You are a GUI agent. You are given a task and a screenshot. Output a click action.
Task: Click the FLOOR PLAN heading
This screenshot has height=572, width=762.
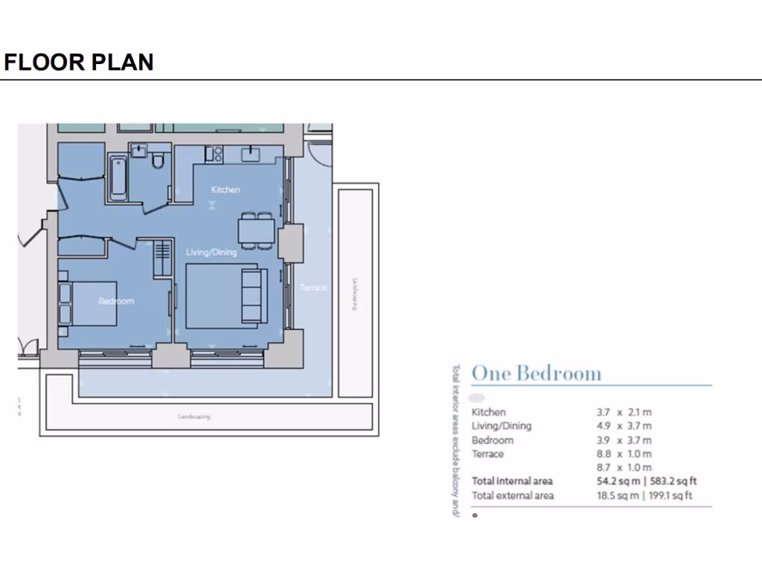coord(79,62)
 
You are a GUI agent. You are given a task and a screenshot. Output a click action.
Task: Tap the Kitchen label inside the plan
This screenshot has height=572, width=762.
coord(225,190)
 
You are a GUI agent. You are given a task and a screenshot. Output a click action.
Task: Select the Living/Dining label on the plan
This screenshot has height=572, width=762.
coord(211,252)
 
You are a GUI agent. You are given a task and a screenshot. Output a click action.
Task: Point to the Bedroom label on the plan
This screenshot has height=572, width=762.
coord(116,301)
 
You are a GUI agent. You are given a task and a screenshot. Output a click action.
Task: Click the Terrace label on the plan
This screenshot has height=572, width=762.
coord(313,287)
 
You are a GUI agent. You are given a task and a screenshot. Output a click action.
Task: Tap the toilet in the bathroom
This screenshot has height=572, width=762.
coord(159,163)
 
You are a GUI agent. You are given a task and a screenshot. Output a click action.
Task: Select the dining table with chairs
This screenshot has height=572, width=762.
coord(254,229)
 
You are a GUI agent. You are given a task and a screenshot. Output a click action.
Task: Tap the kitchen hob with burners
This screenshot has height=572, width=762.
coord(214,154)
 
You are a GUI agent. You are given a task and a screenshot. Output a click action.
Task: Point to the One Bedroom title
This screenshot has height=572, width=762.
coord(536,373)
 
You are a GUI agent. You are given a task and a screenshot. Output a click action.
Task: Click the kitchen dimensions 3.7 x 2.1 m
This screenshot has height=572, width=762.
coord(624,412)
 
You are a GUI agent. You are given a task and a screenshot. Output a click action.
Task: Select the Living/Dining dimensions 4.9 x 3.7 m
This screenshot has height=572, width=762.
coord(624,426)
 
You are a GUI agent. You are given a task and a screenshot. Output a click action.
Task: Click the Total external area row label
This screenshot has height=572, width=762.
coord(512,495)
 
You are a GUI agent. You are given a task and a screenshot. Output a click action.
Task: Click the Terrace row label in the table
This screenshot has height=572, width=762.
coord(487,454)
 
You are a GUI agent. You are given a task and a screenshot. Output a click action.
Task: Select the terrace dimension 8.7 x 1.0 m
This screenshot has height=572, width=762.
coord(624,467)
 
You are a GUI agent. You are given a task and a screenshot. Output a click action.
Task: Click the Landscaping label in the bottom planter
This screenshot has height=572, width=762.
coord(193,416)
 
